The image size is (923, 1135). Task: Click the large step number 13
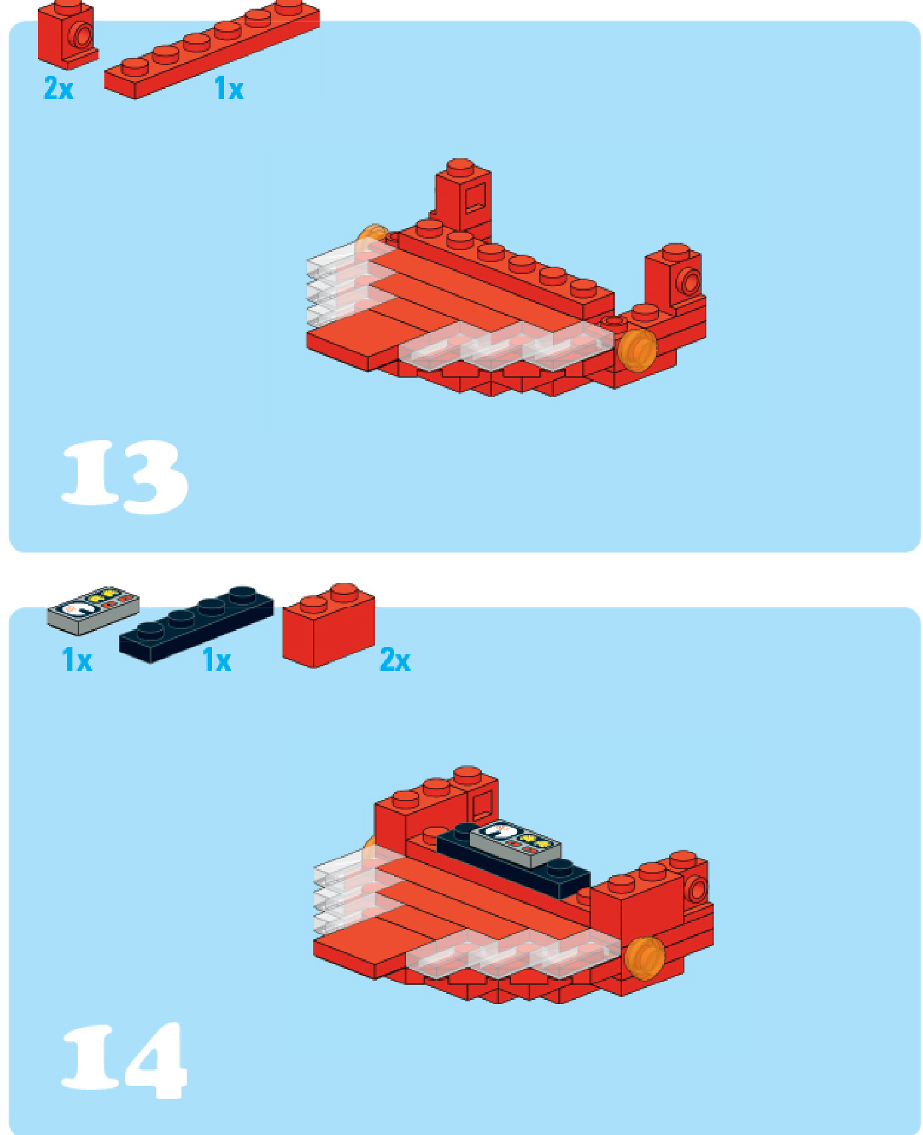124,477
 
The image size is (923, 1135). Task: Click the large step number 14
124,1061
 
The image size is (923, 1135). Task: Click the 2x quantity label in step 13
58,88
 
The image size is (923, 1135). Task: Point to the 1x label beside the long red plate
229,88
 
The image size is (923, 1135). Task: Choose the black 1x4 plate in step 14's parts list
196,625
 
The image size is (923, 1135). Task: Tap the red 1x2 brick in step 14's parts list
328,626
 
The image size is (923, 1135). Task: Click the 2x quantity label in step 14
395,660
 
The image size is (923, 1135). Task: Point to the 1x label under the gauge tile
77,660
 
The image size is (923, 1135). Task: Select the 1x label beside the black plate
217,660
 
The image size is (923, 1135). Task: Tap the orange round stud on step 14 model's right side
645,957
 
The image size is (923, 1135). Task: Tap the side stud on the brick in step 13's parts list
82,35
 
